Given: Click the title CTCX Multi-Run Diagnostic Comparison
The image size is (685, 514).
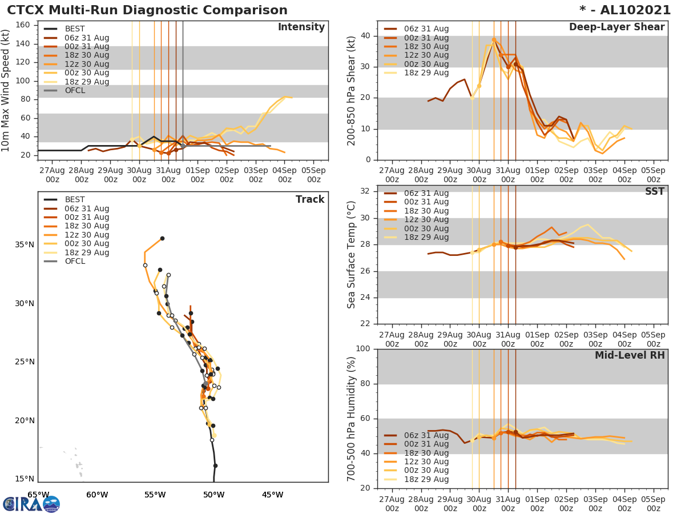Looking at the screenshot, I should click(x=147, y=10).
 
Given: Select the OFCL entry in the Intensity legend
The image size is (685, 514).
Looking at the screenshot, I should click(x=75, y=91).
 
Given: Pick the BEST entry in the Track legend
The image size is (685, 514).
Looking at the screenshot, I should click(x=75, y=200).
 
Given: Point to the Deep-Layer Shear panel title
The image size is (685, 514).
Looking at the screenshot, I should click(x=616, y=27).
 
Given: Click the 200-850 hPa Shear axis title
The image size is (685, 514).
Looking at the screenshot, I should click(x=352, y=90).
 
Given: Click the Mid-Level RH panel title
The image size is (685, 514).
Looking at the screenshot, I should click(x=630, y=356).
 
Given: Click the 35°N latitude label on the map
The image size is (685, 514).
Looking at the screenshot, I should click(x=25, y=245).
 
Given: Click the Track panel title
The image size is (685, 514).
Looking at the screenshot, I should click(x=309, y=199).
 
